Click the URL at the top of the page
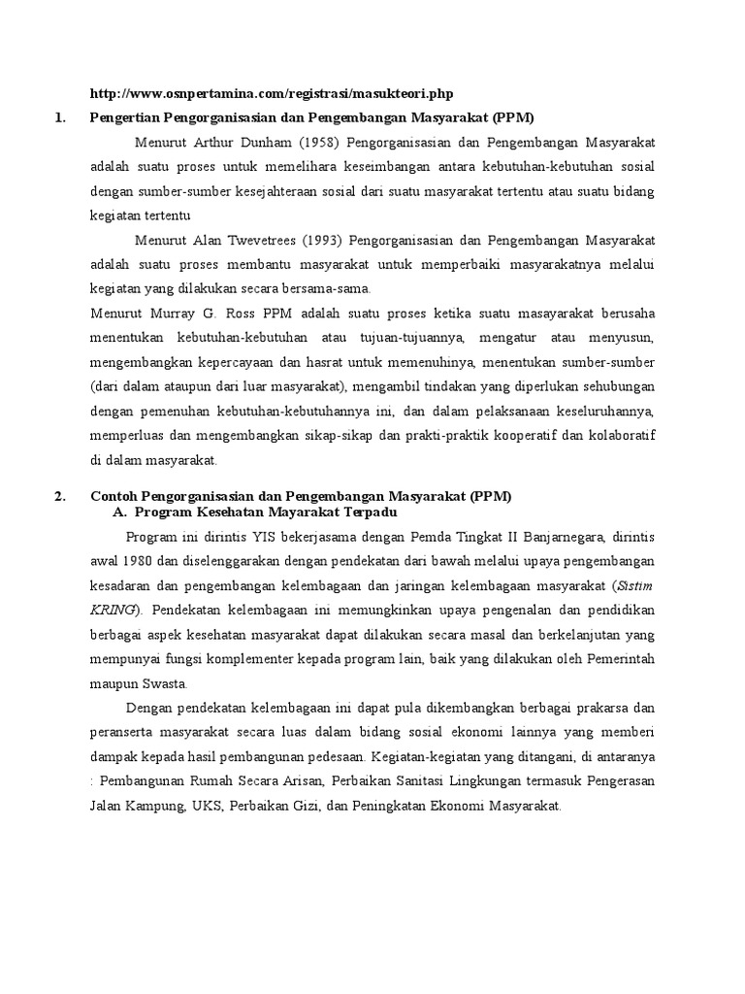coord(272,94)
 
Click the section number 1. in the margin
coord(60,118)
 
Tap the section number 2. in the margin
coord(60,496)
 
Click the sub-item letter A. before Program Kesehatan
coord(121,513)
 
